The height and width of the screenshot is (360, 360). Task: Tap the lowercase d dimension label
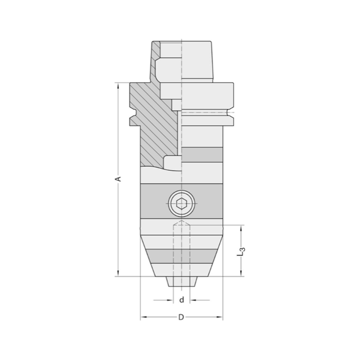pyautogui.click(x=182, y=300)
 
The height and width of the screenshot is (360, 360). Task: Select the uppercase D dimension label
pyautogui.click(x=181, y=317)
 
